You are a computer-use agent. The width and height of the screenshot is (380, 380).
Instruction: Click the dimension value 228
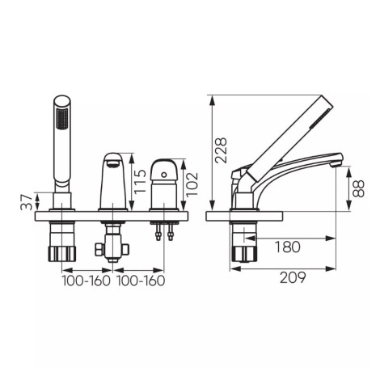tap(220, 149)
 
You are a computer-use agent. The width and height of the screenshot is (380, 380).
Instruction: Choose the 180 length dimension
tap(288, 247)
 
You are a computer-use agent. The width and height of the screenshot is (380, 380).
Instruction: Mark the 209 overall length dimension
tap(292, 279)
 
